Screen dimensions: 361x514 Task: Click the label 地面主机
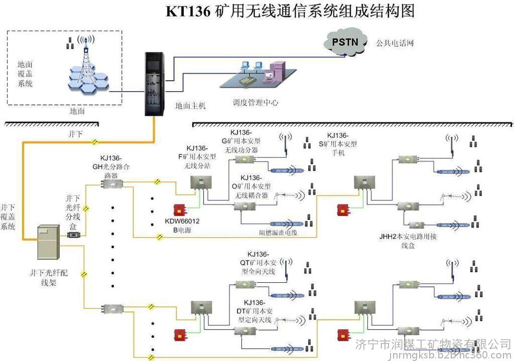point(190,106)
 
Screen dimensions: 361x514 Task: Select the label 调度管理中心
point(255,103)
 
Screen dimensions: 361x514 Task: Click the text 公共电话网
point(395,43)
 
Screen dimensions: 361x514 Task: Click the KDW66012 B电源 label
point(182,226)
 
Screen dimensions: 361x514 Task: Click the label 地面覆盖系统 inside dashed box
point(25,74)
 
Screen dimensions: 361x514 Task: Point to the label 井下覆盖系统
point(8,216)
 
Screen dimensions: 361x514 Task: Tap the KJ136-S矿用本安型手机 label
point(341,144)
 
